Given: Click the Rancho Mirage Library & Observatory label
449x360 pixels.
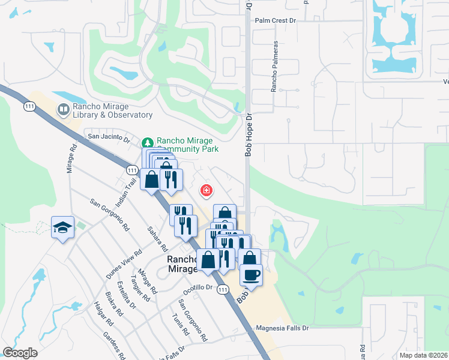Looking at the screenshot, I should point(112,110).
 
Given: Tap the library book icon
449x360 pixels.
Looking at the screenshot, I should point(63,110).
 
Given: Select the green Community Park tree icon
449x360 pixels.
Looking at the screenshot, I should point(148,143).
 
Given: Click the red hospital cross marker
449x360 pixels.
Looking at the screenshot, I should point(206,191).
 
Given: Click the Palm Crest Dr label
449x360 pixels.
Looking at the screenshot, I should point(276,20).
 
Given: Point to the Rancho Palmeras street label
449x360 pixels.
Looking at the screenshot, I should point(274,67).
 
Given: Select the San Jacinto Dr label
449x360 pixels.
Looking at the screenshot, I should point(109,137).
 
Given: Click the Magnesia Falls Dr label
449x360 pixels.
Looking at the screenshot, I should point(282,328).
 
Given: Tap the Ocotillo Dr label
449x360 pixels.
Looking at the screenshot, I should point(199,287).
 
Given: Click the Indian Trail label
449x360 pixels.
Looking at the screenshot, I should point(122,193).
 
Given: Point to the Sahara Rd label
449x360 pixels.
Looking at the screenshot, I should point(157,239).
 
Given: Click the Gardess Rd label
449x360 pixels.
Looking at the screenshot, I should point(113,345).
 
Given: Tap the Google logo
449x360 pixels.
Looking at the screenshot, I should point(20,353).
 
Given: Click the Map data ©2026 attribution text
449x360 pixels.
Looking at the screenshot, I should point(423,355).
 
